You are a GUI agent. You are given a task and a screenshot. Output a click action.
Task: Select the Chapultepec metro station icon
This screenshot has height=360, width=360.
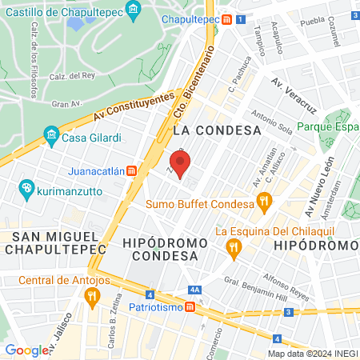point(228,19)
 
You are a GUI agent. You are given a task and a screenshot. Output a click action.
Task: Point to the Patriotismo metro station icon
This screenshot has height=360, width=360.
point(190,306)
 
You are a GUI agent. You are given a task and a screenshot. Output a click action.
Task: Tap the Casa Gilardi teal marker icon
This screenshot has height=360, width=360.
point(51,134)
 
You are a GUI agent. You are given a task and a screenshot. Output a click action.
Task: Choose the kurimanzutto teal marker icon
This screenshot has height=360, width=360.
point(26,189)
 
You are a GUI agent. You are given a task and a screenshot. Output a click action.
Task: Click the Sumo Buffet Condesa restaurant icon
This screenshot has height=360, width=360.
point(261,202)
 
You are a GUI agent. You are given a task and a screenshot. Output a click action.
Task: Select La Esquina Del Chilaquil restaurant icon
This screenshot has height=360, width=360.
point(233,246)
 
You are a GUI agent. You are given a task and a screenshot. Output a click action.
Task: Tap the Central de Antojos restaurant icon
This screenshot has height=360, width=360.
point(91,295)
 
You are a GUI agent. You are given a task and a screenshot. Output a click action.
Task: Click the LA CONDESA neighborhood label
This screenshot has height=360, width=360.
point(218,129)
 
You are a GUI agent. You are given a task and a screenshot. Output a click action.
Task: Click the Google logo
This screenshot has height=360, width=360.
point(26,350)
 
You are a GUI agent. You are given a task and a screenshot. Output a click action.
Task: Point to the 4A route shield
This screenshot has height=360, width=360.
point(194,290)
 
